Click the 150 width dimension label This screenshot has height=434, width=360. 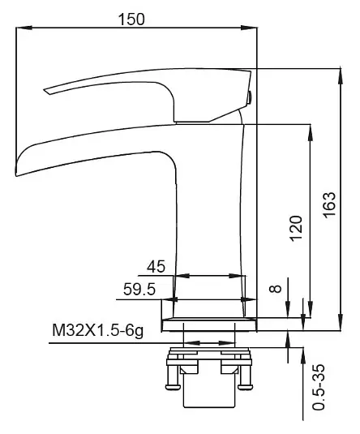[131, 19]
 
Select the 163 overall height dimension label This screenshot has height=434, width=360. [329, 204]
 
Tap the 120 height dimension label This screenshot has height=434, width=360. [296, 229]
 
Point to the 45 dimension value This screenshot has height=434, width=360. [156, 267]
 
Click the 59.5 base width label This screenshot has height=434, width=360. [139, 290]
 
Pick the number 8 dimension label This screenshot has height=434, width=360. [276, 289]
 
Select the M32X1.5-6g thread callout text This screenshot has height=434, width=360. [98, 330]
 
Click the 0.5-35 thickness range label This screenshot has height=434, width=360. [318, 387]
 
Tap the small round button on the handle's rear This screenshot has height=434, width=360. [250, 97]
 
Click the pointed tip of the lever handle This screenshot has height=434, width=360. [45, 90]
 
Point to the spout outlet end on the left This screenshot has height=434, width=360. [16, 167]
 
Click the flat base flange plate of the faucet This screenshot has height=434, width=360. [209, 325]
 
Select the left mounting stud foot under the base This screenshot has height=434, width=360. [174, 386]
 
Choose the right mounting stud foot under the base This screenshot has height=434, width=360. [245, 386]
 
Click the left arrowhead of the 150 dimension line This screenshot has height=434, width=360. [24, 28]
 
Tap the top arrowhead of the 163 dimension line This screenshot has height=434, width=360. [341, 75]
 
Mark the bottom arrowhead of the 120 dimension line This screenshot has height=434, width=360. [311, 310]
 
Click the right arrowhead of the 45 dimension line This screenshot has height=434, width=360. [238, 276]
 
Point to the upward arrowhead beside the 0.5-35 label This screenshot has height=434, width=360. [303, 355]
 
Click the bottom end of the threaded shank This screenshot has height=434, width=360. [209, 407]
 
